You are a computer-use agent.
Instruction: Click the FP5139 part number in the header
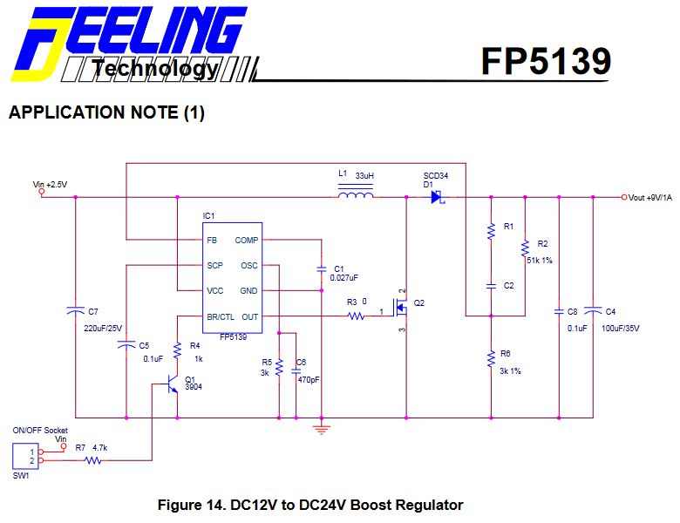point(546,61)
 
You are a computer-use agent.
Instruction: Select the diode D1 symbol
point(436,198)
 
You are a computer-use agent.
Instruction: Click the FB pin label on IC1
point(212,240)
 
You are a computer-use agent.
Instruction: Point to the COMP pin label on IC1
point(246,240)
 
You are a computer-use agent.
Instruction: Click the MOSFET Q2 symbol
point(401,308)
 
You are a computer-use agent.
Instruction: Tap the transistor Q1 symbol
point(172,384)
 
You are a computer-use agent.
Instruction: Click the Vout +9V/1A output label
point(649,198)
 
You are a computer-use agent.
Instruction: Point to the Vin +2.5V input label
point(50,185)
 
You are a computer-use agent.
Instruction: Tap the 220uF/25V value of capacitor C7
point(103,329)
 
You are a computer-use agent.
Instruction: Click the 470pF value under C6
point(307,380)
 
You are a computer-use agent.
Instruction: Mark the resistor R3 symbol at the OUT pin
point(355,316)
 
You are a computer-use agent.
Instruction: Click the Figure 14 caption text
point(309,505)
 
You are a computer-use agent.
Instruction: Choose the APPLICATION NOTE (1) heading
point(106,113)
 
